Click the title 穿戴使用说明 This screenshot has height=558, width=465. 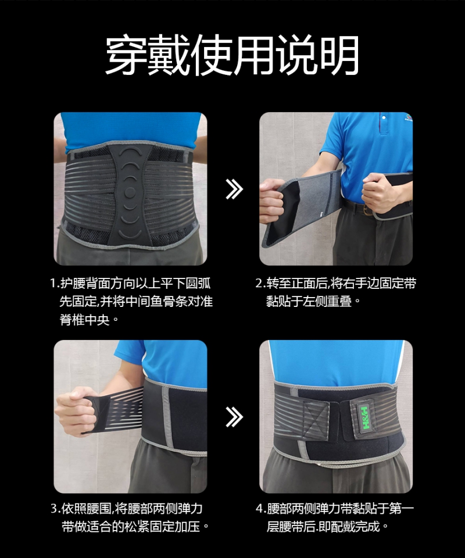point(232,56)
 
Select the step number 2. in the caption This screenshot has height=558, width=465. point(260,284)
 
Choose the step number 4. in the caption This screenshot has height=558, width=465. point(260,509)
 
